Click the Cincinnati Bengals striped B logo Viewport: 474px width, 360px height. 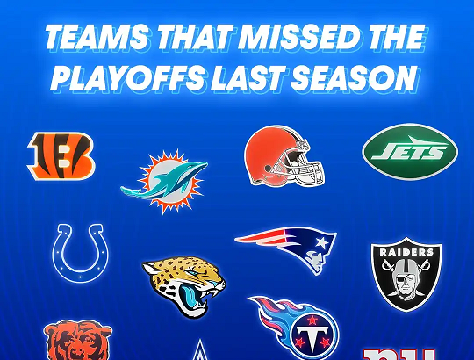tap(61, 155)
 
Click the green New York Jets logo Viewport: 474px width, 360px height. tap(410, 151)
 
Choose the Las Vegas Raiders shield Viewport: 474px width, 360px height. tap(406, 275)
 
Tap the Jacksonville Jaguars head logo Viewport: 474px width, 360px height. tap(184, 285)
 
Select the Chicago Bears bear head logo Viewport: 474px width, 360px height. tap(78, 340)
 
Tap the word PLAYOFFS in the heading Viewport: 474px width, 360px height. tap(128, 78)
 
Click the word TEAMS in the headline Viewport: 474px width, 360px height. tap(97, 37)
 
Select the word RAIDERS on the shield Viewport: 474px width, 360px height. tap(406, 252)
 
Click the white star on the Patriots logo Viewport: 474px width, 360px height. tap(322, 242)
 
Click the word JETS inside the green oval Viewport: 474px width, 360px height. tap(410, 151)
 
